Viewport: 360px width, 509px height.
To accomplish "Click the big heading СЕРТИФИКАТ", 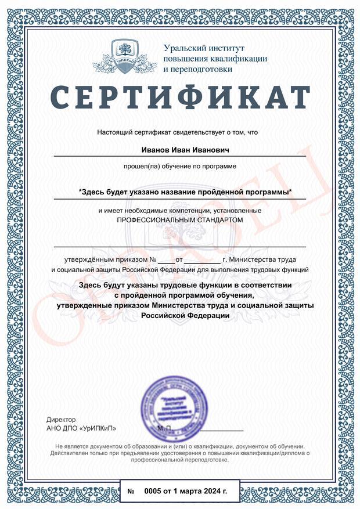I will (180, 96).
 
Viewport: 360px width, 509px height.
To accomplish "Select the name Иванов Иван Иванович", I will (179, 150).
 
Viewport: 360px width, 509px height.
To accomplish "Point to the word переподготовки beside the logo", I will (199, 69).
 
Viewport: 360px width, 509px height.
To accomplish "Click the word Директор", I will (60, 419).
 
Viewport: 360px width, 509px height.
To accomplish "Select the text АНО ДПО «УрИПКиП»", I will (81, 428).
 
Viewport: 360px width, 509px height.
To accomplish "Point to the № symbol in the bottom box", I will (131, 492).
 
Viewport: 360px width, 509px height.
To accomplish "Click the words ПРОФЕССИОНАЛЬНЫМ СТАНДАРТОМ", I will (179, 221).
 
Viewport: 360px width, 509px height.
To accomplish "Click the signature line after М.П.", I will (222, 430).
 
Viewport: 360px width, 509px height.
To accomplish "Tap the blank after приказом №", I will (165, 260).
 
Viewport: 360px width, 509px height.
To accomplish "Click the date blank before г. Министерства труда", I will (202, 260).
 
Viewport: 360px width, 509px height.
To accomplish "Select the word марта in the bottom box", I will (190, 492).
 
